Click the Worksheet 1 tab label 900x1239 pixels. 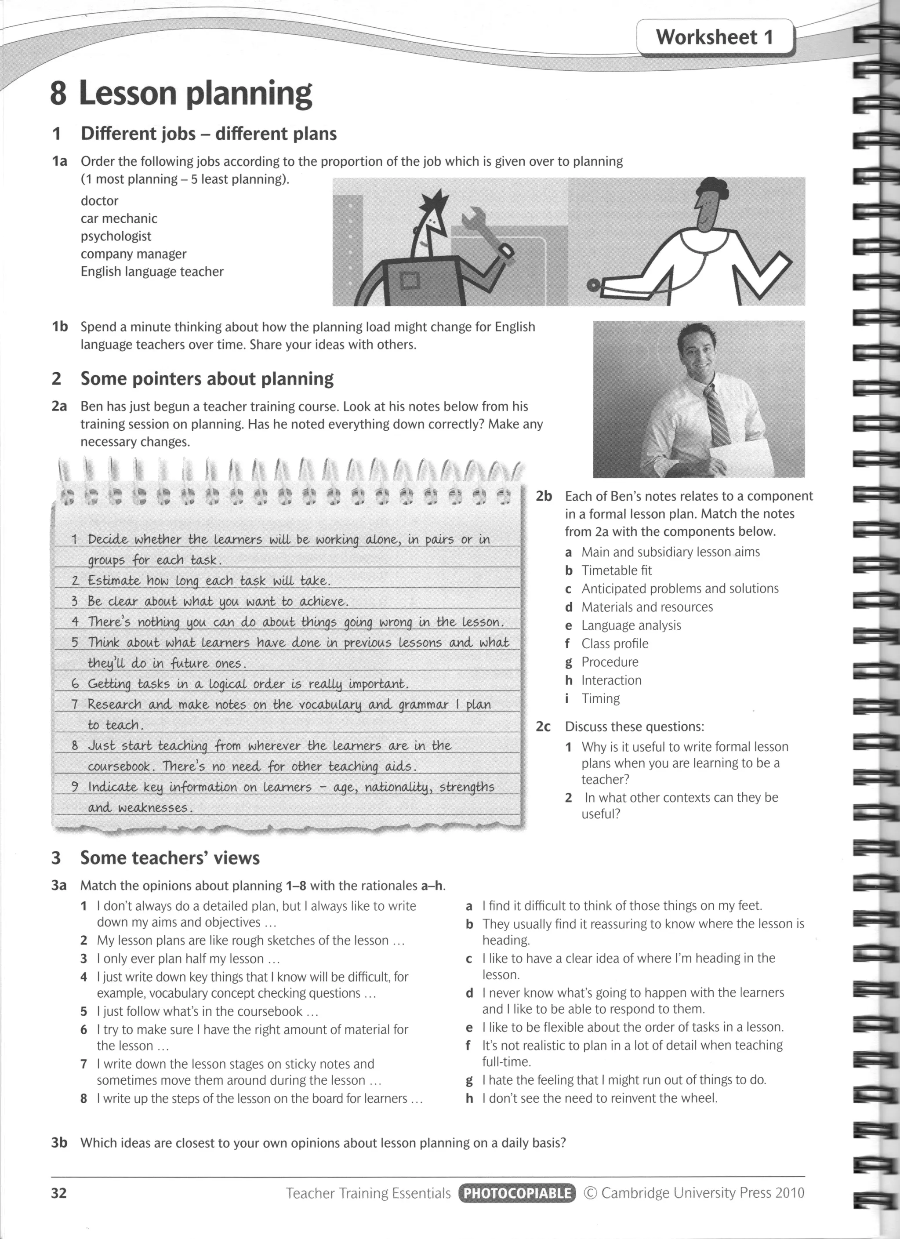tap(714, 37)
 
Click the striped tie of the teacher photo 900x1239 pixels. tap(716, 416)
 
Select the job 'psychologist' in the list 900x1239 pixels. tap(116, 236)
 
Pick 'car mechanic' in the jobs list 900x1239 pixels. tap(119, 218)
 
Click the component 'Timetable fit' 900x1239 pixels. tap(616, 570)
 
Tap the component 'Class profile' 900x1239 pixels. tap(614, 643)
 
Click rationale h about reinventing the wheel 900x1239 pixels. tap(599, 1098)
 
